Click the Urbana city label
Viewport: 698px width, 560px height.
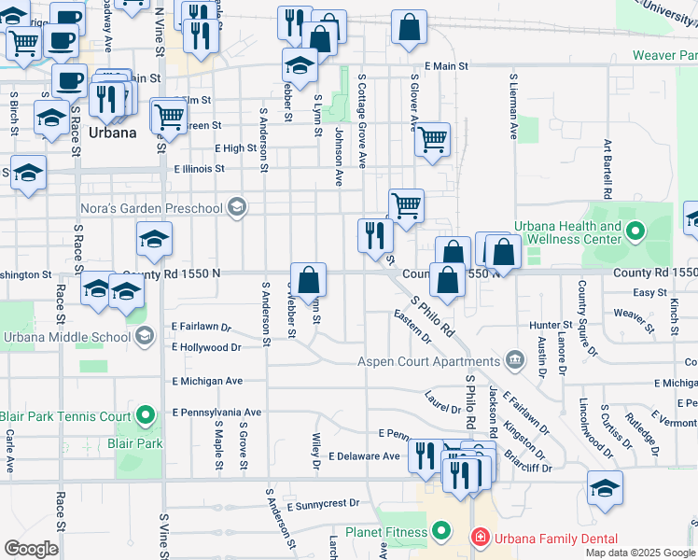click(112, 133)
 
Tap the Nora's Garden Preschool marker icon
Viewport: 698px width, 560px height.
click(237, 207)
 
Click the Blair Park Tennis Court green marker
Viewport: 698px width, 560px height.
click(146, 415)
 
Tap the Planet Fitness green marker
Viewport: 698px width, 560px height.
click(442, 533)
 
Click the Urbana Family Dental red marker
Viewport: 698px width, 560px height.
click(478, 539)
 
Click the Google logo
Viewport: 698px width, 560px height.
click(32, 548)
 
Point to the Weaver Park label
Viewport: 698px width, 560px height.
click(664, 56)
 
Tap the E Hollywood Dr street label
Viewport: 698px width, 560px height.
click(206, 347)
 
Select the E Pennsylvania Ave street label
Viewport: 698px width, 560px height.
click(216, 412)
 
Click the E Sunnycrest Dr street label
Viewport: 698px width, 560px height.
click(323, 503)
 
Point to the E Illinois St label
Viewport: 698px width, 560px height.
click(199, 169)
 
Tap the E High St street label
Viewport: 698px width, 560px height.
click(235, 147)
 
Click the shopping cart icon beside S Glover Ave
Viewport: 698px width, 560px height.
click(432, 140)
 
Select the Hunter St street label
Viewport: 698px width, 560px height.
click(543, 325)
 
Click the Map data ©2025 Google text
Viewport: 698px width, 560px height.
click(640, 553)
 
